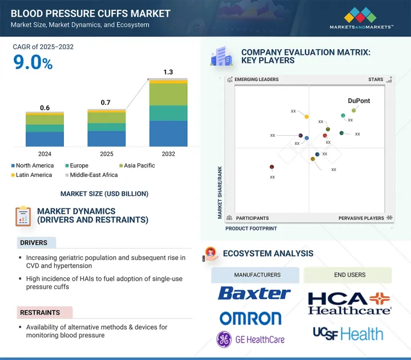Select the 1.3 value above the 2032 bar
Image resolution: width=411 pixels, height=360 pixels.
168,72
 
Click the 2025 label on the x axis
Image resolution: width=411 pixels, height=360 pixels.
106,154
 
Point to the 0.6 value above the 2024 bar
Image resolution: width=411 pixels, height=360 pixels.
45,108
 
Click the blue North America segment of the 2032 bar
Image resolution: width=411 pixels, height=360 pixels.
168,134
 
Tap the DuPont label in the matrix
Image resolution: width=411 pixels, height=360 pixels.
359,101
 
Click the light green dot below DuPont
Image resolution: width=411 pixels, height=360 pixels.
354,110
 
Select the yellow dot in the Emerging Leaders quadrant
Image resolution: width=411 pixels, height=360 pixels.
307,117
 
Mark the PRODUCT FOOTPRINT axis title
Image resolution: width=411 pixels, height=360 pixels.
251,229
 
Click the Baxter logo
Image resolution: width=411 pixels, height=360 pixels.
255,294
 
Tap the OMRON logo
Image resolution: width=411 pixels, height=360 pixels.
251,318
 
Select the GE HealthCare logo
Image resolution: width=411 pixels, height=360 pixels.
250,339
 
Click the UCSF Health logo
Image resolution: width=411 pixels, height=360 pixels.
348,334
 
